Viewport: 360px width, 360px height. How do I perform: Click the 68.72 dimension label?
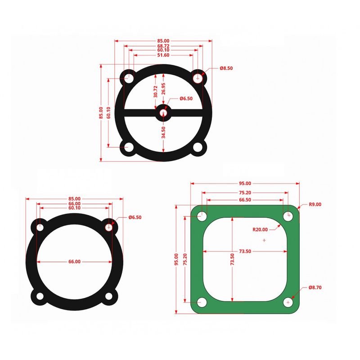pos(163,46)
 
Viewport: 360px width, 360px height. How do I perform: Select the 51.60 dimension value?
pos(163,55)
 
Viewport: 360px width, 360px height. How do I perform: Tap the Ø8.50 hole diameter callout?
pos(226,68)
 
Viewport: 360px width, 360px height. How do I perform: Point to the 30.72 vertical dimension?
pos(156,92)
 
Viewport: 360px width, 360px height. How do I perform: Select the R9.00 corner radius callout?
pos(315,204)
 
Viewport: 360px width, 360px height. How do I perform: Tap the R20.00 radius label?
pos(260,229)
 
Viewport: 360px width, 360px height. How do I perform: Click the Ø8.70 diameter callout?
pos(315,287)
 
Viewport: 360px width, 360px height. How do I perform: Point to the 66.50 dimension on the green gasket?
pos(245,199)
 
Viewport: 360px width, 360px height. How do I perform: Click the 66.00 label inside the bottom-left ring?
pos(75,261)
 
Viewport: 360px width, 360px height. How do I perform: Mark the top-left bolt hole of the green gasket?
pos(202,216)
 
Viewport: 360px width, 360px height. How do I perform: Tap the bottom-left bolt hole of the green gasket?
pos(202,302)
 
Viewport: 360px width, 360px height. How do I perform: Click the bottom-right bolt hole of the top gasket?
pos(198,148)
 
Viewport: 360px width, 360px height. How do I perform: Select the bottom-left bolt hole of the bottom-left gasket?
pos(40,297)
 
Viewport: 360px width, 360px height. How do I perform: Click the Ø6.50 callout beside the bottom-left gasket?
pos(135,217)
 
